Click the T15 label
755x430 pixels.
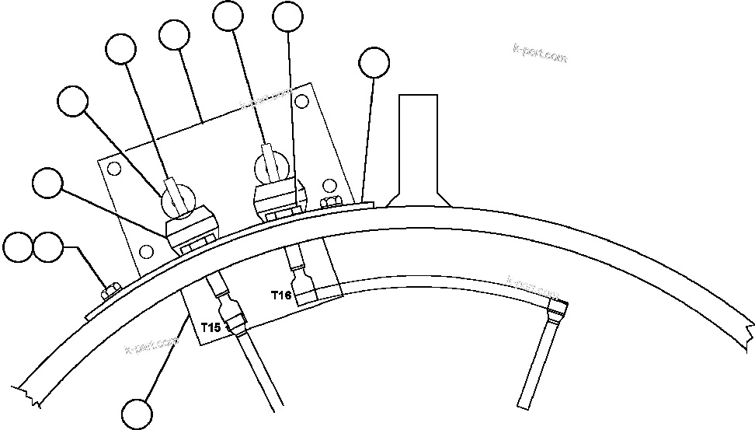(x=210, y=327)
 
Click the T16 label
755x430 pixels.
(x=280, y=295)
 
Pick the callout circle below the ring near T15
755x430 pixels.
(x=137, y=412)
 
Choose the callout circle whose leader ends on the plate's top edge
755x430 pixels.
(x=173, y=35)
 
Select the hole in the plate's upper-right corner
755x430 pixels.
(x=304, y=100)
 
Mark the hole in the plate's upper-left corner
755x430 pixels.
(x=113, y=169)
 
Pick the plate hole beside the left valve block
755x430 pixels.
(x=145, y=251)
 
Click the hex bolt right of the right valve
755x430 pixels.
(x=329, y=204)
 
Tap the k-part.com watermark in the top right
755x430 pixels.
(x=540, y=54)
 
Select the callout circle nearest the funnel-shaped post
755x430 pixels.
(x=376, y=64)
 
